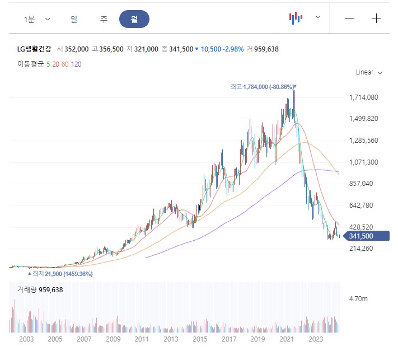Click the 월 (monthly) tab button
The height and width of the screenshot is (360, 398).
pyautogui.click(x=134, y=18)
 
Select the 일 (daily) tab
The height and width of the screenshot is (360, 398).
pyautogui.click(x=74, y=18)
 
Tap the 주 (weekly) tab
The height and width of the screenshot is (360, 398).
pyautogui.click(x=104, y=18)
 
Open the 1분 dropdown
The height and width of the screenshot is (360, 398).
pyautogui.click(x=37, y=18)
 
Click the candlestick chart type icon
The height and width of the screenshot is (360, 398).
pyautogui.click(x=296, y=18)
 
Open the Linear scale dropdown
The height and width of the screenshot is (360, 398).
pyautogui.click(x=369, y=72)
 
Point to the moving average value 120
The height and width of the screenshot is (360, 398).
pyautogui.click(x=76, y=64)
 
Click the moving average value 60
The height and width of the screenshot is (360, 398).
pyautogui.click(x=65, y=64)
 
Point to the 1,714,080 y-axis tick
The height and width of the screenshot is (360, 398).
pyautogui.click(x=364, y=97)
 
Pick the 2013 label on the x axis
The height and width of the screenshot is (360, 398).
pyautogui.click(x=171, y=339)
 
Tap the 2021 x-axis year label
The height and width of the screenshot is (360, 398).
pyautogui.click(x=287, y=339)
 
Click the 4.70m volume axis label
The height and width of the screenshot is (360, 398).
pyautogui.click(x=358, y=300)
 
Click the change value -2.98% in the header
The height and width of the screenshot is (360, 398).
pyautogui.click(x=232, y=49)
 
